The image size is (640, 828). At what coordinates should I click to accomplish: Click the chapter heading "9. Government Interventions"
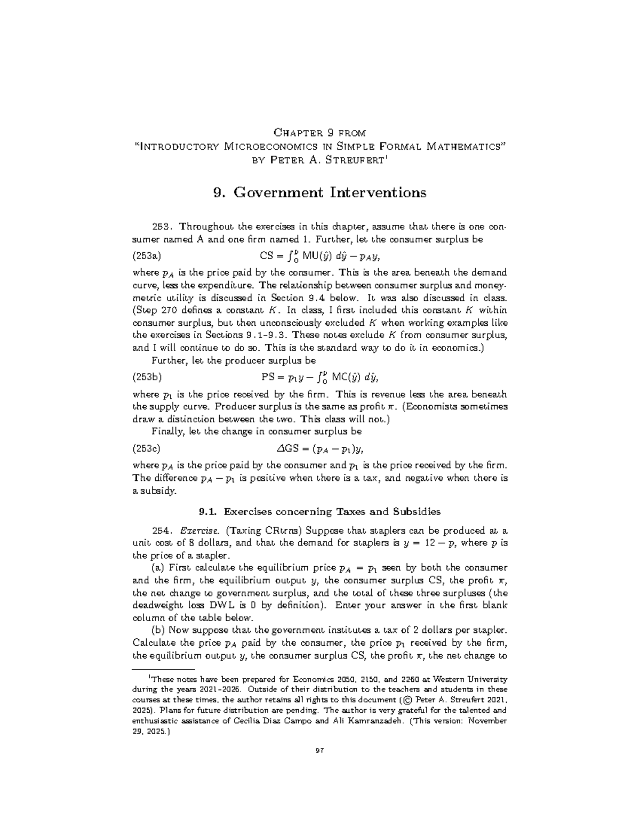point(319,192)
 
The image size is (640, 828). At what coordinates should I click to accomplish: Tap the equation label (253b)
point(147,377)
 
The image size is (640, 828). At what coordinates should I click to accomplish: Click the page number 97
point(320,751)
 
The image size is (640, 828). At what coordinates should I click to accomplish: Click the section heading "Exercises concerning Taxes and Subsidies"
point(332,512)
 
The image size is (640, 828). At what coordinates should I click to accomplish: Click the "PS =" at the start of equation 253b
point(271,377)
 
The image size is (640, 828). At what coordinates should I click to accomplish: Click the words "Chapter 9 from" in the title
point(319,132)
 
